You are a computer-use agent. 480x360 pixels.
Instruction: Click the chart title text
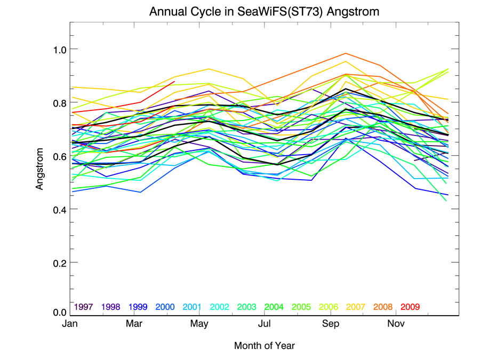[x=264, y=12]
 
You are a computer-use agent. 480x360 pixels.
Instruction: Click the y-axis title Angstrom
[x=39, y=169]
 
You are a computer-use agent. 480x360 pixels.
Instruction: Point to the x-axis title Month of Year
[x=264, y=346]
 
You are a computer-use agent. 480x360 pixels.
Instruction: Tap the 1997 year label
[x=84, y=307]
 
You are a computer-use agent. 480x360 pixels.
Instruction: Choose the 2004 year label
[x=274, y=307]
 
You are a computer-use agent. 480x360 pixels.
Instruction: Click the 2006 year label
[x=329, y=307]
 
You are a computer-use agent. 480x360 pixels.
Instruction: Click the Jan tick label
[x=69, y=324]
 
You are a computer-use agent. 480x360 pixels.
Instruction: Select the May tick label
[x=199, y=324]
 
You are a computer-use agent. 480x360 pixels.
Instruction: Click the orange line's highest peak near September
[x=346, y=53]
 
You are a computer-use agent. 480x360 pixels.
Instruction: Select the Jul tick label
[x=265, y=324]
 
